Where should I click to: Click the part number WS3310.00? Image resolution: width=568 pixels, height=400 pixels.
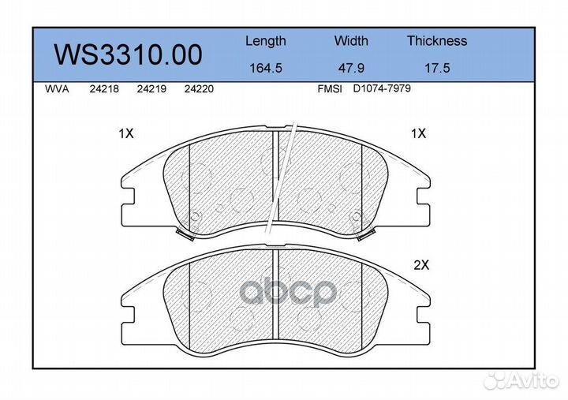128,54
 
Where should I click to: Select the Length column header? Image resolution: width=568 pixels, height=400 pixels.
266,41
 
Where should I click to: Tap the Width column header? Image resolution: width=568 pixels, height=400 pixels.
351,40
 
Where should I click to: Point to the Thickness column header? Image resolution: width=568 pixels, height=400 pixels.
437,40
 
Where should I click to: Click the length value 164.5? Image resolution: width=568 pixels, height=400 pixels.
266,68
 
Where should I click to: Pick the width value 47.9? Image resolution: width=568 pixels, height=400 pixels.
351,68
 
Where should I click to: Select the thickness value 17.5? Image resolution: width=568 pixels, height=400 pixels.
437,68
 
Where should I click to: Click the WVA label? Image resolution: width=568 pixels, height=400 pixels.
57,89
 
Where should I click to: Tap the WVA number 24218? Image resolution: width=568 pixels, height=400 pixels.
104,89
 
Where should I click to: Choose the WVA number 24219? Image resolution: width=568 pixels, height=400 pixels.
151,89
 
